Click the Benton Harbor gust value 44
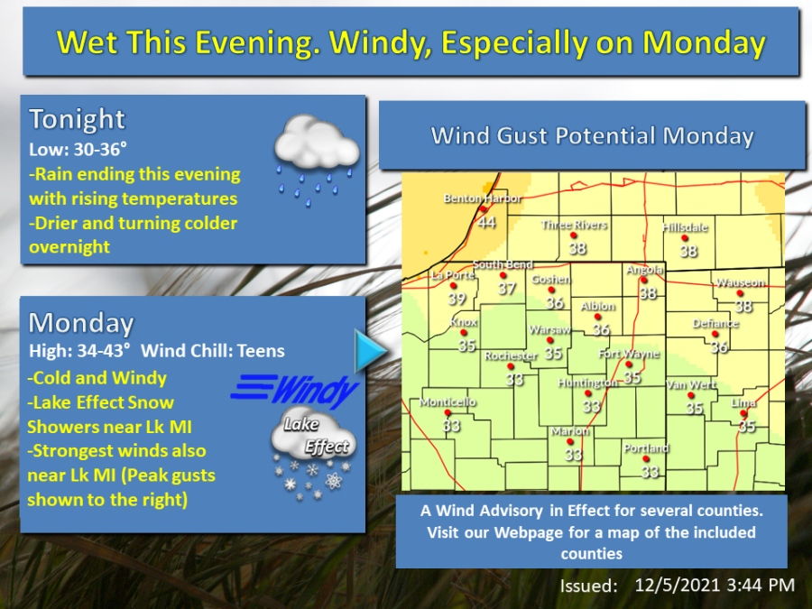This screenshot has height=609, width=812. [x=486, y=221]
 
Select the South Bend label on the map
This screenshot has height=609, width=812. [x=503, y=264]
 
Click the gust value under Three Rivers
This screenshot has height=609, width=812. [x=577, y=248]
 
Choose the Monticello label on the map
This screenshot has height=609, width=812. [x=448, y=402]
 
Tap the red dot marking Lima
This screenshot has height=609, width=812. [x=744, y=414]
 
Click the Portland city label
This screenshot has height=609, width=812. [x=646, y=448]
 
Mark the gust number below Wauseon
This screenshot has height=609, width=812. [x=743, y=307]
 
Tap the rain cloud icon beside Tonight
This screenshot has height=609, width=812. [x=317, y=154]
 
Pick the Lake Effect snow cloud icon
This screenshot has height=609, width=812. [x=313, y=451]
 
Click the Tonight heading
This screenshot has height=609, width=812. [x=78, y=119]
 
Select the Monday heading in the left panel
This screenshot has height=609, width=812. [x=81, y=323]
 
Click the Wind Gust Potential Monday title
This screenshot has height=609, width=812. [x=592, y=136]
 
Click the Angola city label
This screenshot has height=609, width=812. [x=645, y=270]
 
